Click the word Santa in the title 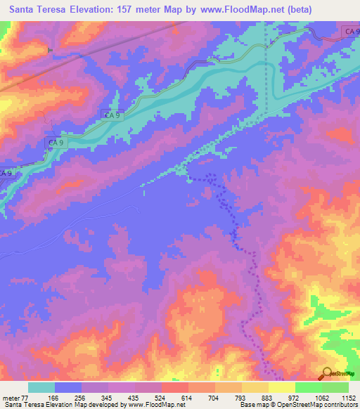[x=25, y=11]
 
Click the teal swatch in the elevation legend [x=41, y=387]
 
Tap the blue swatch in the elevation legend [x=68, y=387]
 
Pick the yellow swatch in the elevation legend [x=282, y=387]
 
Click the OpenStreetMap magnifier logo [x=326, y=372]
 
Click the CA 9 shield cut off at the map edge [x=6, y=173]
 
